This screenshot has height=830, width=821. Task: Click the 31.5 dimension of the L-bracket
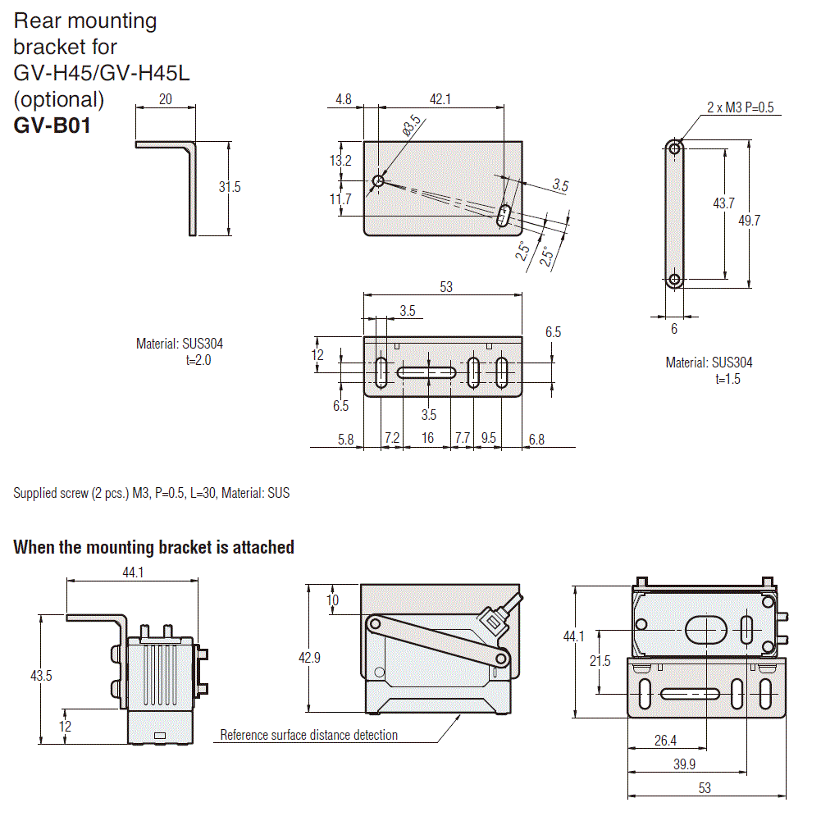[x=230, y=187]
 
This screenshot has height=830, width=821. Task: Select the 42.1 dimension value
[x=440, y=99]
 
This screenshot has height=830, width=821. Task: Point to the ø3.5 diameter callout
[x=410, y=126]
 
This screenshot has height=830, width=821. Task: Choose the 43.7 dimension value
[x=723, y=203]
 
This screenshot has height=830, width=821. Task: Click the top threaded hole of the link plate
[x=674, y=148]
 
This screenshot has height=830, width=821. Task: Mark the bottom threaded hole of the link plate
[x=674, y=280]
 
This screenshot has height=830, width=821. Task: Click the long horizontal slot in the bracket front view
[x=426, y=372]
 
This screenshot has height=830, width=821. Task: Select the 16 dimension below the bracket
[x=427, y=439]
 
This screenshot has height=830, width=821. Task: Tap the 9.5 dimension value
[x=488, y=439]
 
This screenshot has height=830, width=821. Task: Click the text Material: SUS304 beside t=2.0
[x=179, y=344]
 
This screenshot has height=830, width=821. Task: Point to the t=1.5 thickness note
[x=727, y=379]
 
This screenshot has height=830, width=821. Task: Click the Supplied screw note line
[x=151, y=493]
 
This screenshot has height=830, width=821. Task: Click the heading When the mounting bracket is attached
[x=153, y=547]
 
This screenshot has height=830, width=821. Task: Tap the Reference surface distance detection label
[x=308, y=735]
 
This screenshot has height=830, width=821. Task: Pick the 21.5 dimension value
[x=600, y=661]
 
